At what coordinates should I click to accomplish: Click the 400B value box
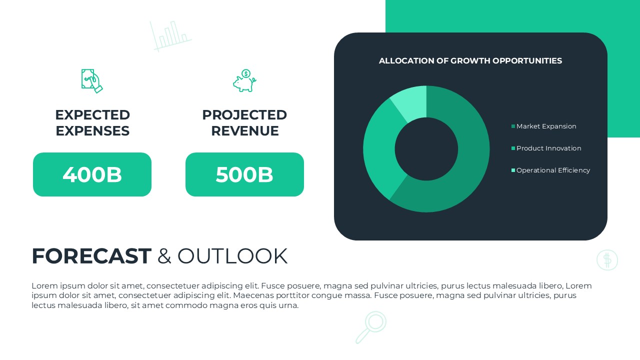coord(92,174)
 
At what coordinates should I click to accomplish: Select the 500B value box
coord(244,174)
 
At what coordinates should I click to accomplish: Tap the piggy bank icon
coord(244,81)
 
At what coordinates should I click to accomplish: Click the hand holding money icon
coord(92,81)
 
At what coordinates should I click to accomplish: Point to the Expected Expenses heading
coord(92,123)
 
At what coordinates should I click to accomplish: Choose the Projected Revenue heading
coord(244,123)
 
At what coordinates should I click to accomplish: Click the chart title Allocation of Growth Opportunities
coord(470,61)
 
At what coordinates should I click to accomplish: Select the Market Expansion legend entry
coord(546,126)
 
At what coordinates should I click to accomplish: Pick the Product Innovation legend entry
coord(548,148)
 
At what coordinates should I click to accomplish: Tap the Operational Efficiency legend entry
coord(553,170)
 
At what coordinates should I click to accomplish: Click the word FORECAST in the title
coord(91,256)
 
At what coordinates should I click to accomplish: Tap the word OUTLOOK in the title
coord(232,256)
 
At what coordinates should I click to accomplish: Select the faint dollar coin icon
coord(607,260)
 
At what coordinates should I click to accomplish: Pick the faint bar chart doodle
coord(170,35)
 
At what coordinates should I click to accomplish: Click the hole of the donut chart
coord(426,149)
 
